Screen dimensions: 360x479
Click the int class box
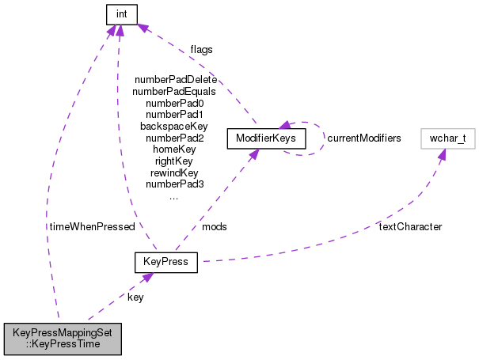(121, 13)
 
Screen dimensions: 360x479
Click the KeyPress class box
(165, 261)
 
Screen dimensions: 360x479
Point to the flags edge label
(201, 49)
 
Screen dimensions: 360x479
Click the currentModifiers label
(364, 138)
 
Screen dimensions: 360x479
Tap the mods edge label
(214, 226)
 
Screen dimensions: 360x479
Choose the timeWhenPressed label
(92, 226)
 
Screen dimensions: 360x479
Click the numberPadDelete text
(175, 80)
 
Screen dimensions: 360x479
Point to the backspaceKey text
(174, 126)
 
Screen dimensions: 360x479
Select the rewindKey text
(174, 172)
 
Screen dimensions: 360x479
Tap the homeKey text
(174, 149)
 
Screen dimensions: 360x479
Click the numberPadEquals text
(174, 91)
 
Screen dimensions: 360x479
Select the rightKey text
(174, 161)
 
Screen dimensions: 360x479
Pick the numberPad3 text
(174, 184)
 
